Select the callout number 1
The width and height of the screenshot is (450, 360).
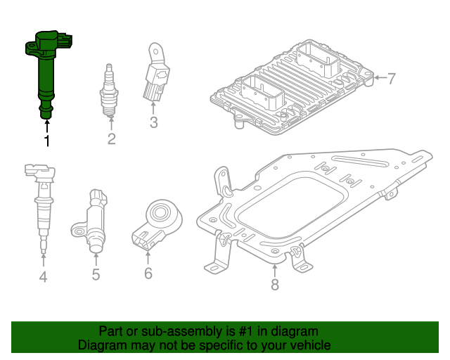click(x=47, y=142)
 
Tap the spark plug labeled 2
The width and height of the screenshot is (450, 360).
click(x=110, y=91)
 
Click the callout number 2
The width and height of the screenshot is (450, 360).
click(x=111, y=139)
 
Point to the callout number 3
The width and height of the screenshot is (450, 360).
click(x=153, y=124)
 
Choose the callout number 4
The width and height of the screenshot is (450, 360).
click(x=43, y=277)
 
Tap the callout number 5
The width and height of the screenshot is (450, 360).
click(x=96, y=274)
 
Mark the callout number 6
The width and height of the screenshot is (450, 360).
click(x=148, y=273)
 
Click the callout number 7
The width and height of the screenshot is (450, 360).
click(x=392, y=78)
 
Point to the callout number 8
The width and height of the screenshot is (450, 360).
click(x=275, y=284)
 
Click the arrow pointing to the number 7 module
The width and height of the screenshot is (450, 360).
click(x=379, y=78)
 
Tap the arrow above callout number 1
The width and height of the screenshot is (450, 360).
click(x=47, y=127)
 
